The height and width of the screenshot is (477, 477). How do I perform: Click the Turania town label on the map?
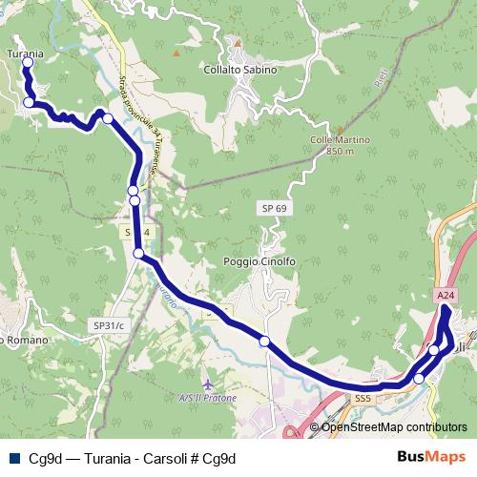click(x=26, y=53)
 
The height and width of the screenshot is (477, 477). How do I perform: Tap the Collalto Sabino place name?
click(x=240, y=70)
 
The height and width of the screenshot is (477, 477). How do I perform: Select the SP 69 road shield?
click(x=271, y=207)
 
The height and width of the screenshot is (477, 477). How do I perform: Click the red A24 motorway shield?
click(x=446, y=297)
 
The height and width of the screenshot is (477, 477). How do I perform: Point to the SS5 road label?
click(x=362, y=398)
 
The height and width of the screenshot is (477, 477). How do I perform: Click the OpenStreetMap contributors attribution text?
click(x=394, y=426)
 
